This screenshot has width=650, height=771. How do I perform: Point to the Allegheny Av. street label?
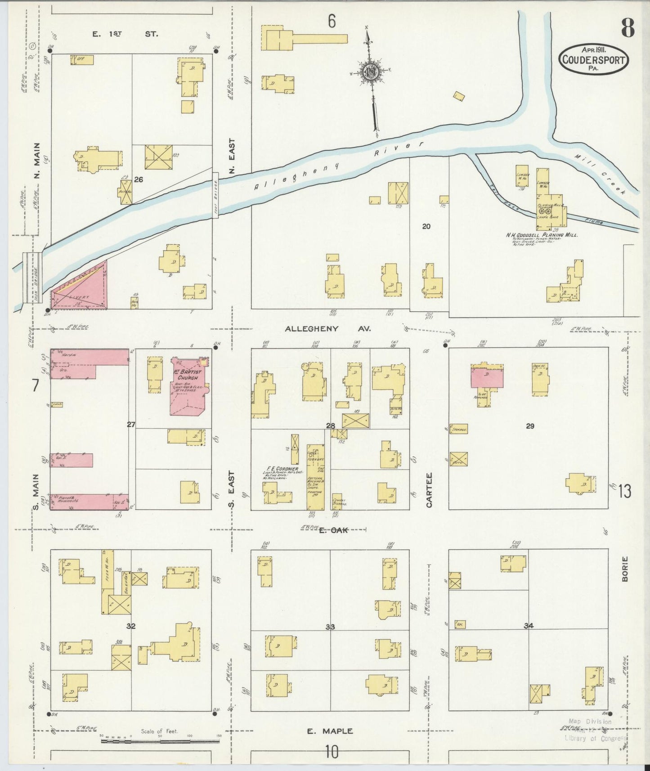pyautogui.click(x=327, y=329)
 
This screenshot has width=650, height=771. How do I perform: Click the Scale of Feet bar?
pyautogui.click(x=160, y=740)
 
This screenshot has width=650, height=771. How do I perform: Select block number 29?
pyautogui.click(x=530, y=426)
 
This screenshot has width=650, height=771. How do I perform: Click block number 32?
pyautogui.click(x=131, y=626)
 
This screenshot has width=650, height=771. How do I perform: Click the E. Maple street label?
pyautogui.click(x=330, y=731)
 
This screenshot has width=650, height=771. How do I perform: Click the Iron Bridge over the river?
pyautogui.click(x=33, y=278)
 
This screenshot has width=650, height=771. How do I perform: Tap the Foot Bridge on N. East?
pyautogui.click(x=215, y=195)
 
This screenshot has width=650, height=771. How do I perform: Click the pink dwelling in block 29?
pyautogui.click(x=487, y=377)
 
